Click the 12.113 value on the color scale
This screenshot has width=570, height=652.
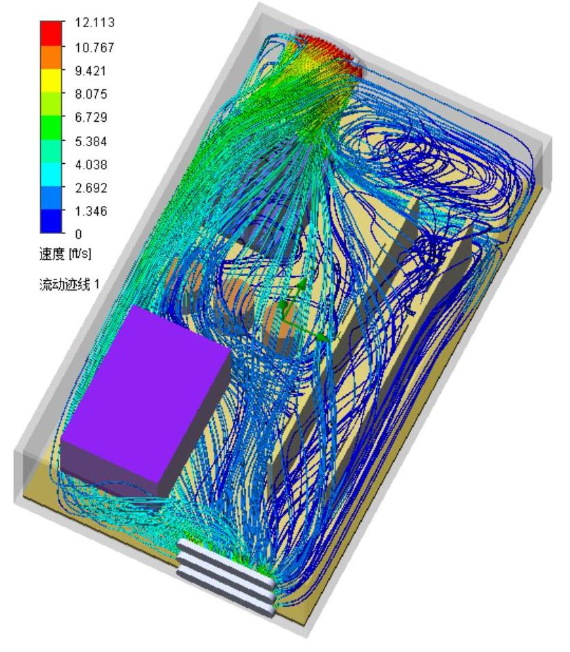pyautogui.click(x=95, y=22)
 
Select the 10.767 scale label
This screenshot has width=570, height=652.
pyautogui.click(x=95, y=48)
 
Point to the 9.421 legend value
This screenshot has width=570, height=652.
pyautogui.click(x=90, y=71)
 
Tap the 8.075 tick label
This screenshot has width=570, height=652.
pyautogui.click(x=91, y=94)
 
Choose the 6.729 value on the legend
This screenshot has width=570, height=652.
pyautogui.click(x=91, y=117)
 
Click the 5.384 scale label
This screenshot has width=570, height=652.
pyautogui.click(x=91, y=141)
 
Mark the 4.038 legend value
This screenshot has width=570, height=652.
pyautogui.click(x=91, y=165)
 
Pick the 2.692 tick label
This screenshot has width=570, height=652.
pyautogui.click(x=91, y=188)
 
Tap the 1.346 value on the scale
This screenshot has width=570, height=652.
pyautogui.click(x=91, y=211)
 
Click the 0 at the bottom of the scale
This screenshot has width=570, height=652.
pyautogui.click(x=78, y=234)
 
